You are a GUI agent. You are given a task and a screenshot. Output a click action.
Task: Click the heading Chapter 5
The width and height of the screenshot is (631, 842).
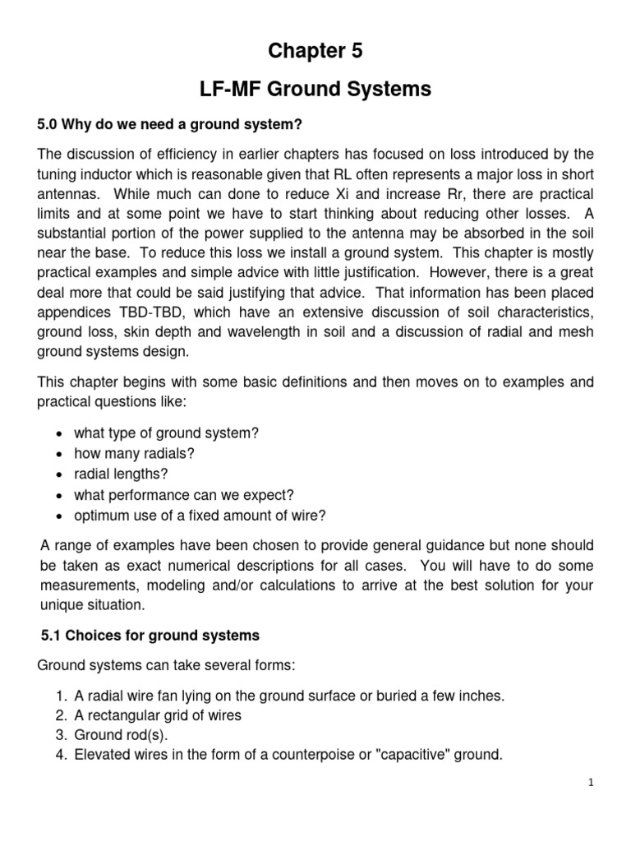click(x=315, y=51)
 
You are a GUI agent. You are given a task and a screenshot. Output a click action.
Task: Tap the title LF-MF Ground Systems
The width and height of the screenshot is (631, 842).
click(x=315, y=90)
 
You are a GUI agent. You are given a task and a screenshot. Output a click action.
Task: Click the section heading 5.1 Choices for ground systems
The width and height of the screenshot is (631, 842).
click(x=150, y=635)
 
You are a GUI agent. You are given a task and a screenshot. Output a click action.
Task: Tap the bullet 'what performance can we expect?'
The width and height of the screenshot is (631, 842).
click(x=184, y=495)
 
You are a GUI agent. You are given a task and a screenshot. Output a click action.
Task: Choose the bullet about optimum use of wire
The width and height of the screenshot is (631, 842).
click(x=200, y=516)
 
